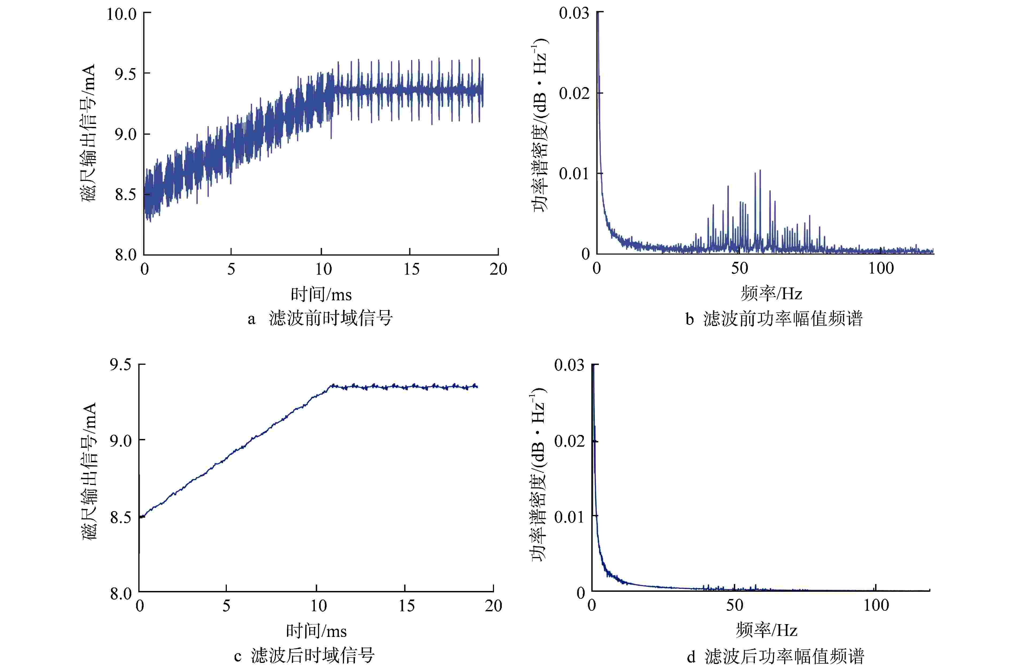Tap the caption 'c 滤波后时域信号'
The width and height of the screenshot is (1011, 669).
(304, 656)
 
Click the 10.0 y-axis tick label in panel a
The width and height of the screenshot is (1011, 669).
(121, 14)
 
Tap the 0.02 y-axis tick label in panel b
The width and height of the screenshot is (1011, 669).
(574, 93)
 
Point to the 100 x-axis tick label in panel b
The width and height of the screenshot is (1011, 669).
(881, 268)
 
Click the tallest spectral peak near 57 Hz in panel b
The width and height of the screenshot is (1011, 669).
(760, 171)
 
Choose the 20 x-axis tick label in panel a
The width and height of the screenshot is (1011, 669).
(498, 269)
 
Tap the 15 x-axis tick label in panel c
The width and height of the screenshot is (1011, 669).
(406, 606)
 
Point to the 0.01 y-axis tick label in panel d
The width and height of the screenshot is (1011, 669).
(569, 517)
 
